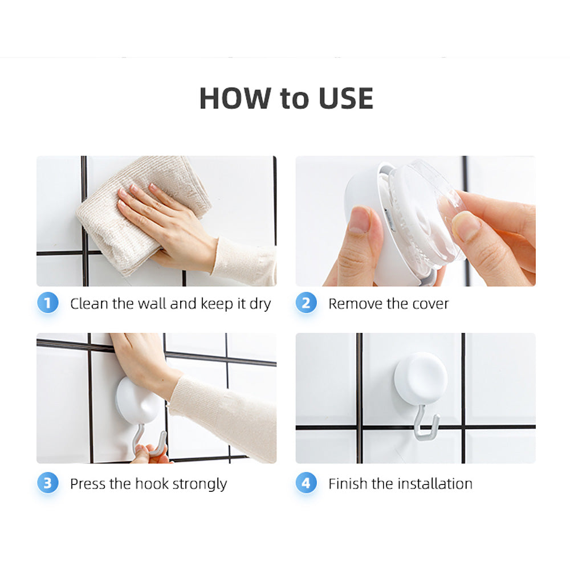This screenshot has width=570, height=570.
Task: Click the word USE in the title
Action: [x=345, y=99]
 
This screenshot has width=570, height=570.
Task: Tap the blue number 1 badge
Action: [x=48, y=303]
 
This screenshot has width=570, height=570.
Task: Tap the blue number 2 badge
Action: [x=306, y=303]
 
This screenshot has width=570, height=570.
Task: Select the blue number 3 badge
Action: [x=48, y=484]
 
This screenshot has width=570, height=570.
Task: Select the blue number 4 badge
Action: [x=306, y=484]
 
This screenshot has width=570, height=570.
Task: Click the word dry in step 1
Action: [x=260, y=304]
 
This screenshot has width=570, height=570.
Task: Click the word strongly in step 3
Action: [x=199, y=485]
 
